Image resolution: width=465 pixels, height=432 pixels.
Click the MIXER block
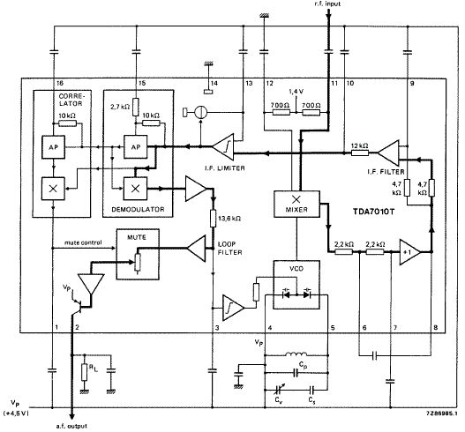coord(296,204)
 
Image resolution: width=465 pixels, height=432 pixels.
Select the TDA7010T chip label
coord(373,212)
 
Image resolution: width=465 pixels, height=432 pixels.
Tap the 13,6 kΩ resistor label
coord(229,219)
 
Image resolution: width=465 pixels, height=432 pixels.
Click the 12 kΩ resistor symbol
coord(360,153)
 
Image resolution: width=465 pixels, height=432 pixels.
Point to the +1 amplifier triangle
coord(409,252)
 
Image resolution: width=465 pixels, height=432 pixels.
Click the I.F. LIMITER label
coord(225,168)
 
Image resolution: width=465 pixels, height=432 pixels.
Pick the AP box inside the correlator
coord(53,147)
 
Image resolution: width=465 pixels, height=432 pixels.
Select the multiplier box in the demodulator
coord(135,189)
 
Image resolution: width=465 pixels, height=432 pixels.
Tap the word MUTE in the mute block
coord(137,237)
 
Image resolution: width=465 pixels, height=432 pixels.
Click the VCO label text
coord(296,268)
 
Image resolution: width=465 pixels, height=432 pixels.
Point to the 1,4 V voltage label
coord(296,92)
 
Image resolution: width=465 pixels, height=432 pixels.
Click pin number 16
coord(60,83)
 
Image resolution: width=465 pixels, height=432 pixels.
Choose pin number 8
coord(435,327)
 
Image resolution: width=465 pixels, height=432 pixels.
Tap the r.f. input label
coord(327,4)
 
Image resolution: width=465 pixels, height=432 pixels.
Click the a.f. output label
coord(71,426)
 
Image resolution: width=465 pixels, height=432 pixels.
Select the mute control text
coord(83,242)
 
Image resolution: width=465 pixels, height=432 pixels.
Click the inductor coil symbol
coord(296,354)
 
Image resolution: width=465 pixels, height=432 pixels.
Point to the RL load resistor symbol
coord(85,372)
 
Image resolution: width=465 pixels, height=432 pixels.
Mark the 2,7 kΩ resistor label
coord(120,107)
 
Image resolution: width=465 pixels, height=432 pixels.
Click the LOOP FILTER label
coord(229,249)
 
